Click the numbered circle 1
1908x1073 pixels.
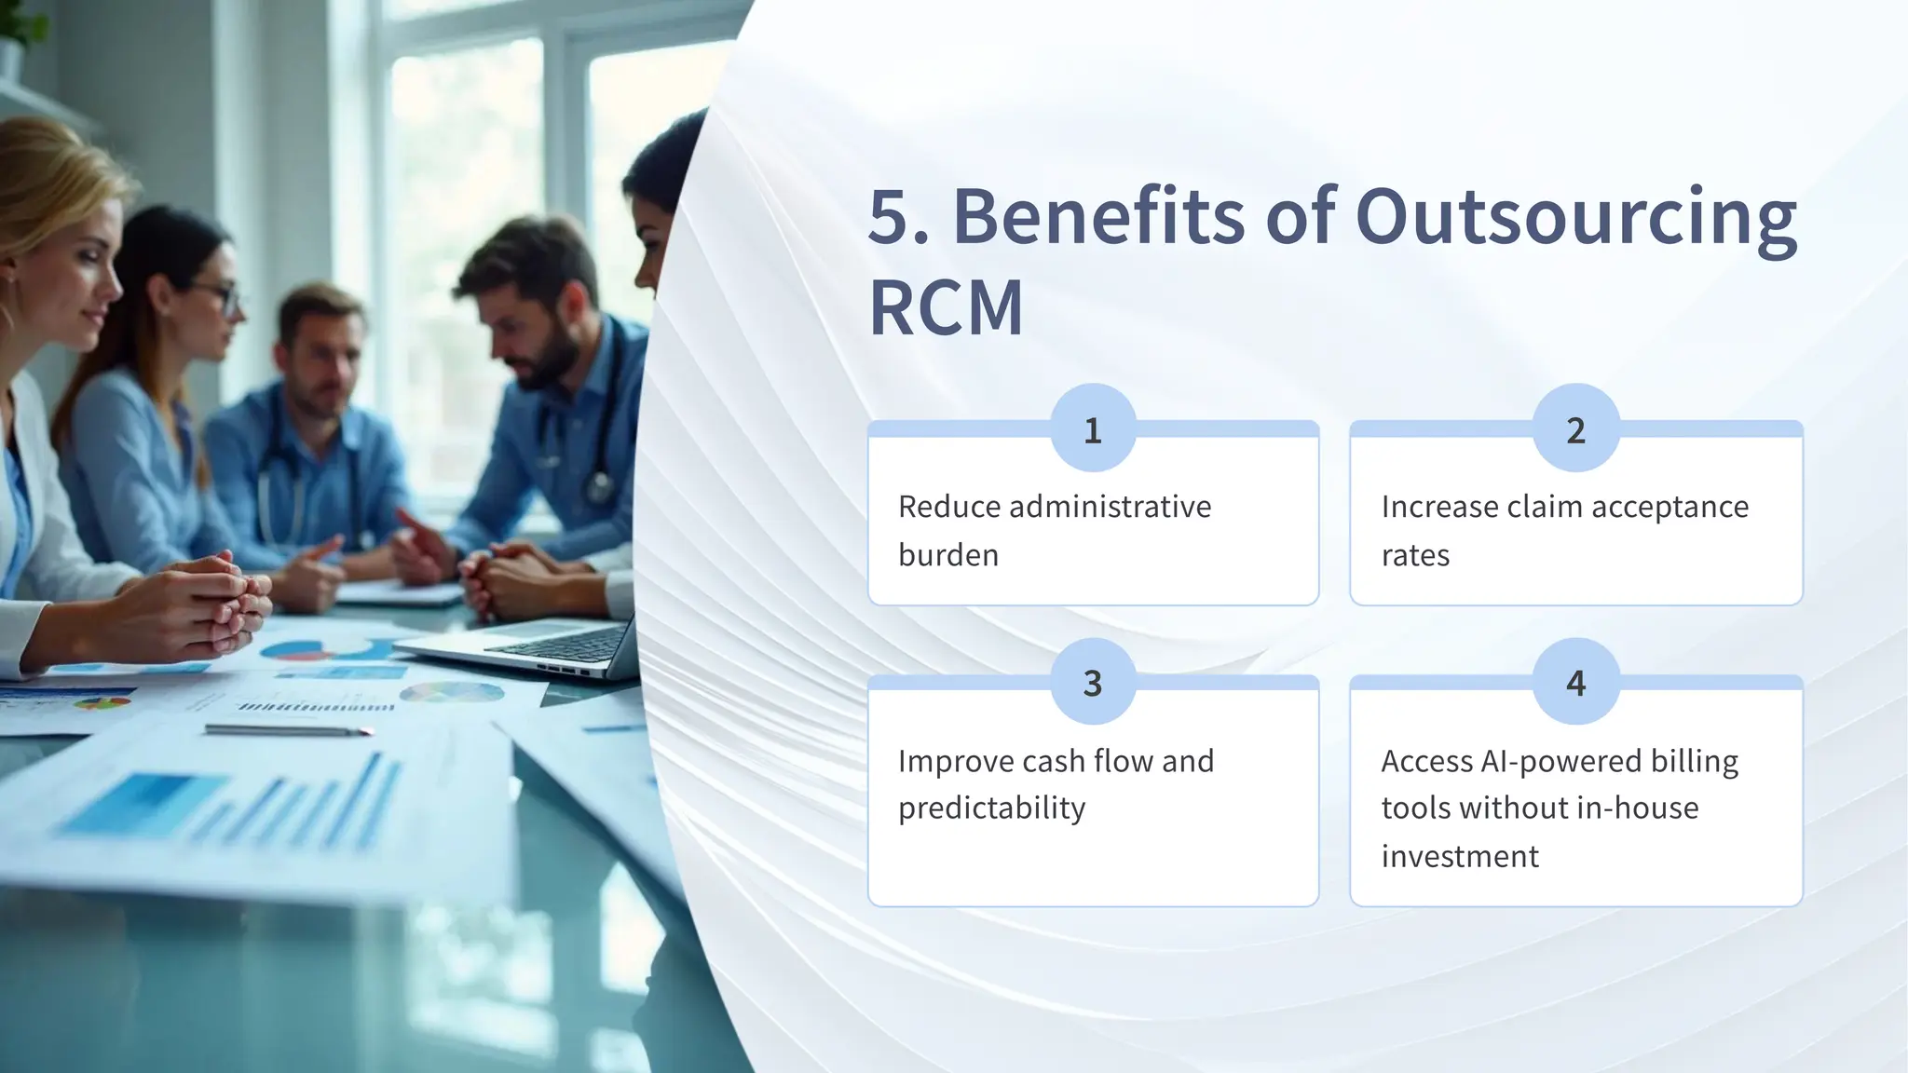[1093, 428]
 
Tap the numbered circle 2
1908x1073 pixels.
[1575, 428]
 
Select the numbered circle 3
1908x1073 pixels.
[1093, 682]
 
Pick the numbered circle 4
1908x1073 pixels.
[1575, 682]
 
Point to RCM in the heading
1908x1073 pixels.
[946, 308]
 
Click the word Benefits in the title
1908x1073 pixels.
[1098, 216]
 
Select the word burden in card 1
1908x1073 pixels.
[947, 555]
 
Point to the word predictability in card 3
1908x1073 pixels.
[991, 808]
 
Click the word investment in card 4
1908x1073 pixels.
[1459, 856]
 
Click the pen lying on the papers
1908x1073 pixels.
[289, 730]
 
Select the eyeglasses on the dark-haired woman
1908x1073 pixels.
[222, 297]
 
